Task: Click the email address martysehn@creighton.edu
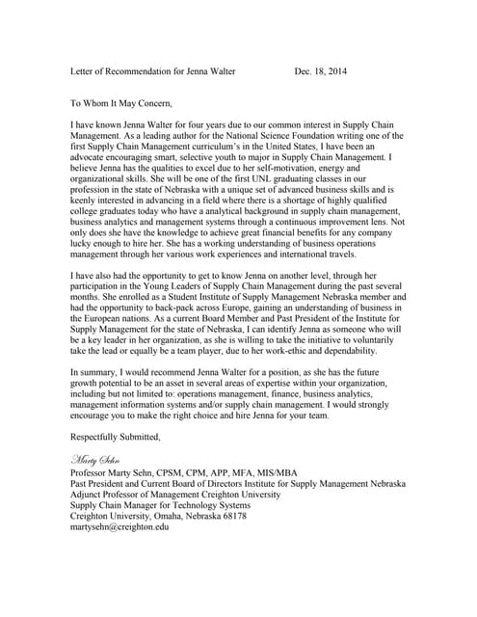coord(120,527)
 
